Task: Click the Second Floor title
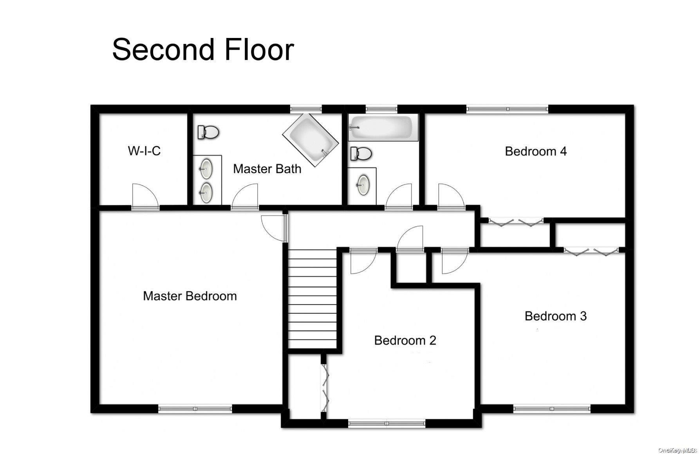coord(203,49)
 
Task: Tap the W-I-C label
coord(144,151)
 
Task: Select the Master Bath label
coord(267,169)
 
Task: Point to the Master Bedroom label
coord(190,296)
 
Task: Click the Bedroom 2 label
coord(405,340)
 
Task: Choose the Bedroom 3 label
coord(555,316)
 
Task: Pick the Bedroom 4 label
coord(536,151)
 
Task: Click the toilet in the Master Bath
coord(208,132)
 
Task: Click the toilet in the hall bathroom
coord(361,153)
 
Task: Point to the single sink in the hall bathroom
coord(363,184)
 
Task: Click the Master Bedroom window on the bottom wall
coord(195,409)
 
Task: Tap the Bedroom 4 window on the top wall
coord(507,108)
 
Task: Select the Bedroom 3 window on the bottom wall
coord(552,409)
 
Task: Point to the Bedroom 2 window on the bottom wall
coord(387,423)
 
